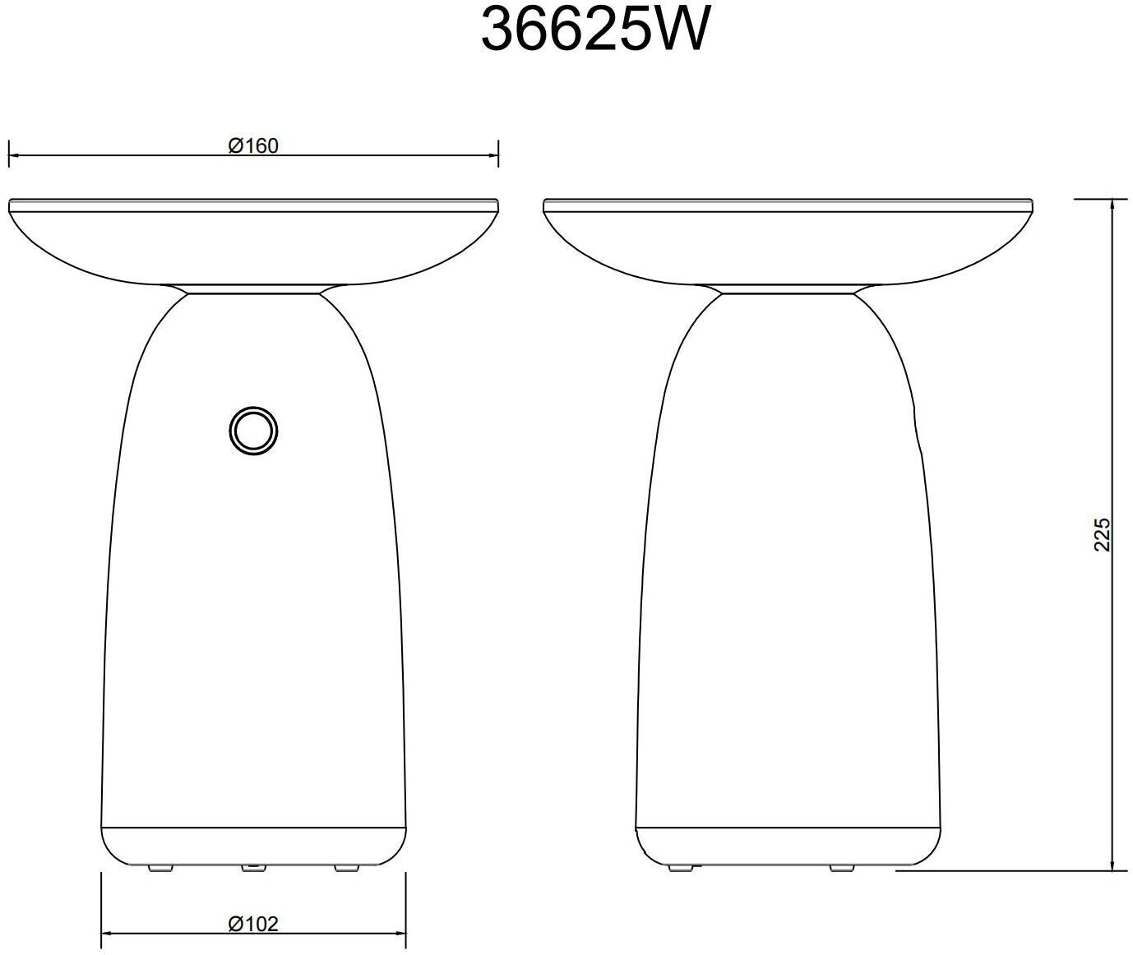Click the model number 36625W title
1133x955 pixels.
[x=595, y=30]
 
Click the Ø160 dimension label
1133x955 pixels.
[x=253, y=146]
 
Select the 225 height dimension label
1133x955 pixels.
[x=1102, y=535]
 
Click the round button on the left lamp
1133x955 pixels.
[x=253, y=431]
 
